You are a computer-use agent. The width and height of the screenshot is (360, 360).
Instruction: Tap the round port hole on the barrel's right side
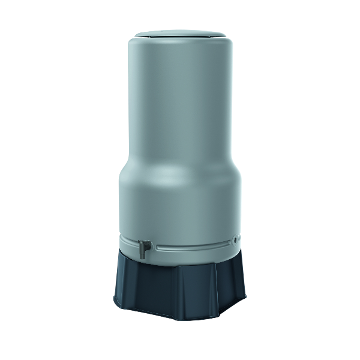236,239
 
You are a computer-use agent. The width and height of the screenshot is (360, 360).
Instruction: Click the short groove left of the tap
129,242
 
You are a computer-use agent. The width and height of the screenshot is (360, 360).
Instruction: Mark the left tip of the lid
134,34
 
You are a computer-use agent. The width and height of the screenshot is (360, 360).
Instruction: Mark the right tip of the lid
226,34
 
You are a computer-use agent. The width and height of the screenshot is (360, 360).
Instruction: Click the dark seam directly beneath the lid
180,40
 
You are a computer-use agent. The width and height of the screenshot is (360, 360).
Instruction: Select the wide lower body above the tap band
180,204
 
